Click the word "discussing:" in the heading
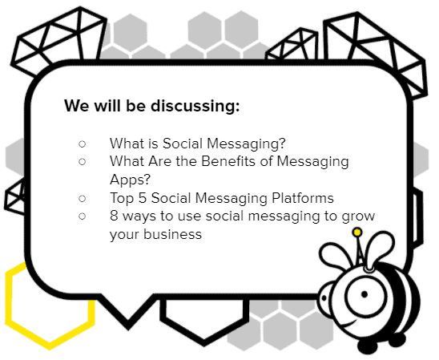[195, 107]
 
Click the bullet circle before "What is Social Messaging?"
[82, 144]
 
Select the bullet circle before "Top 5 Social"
[82, 198]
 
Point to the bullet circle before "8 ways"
[82, 216]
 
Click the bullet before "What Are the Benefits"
[82, 162]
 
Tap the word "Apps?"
[131, 180]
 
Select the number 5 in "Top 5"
[143, 198]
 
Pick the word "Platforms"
[303, 198]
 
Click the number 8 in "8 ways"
[114, 216]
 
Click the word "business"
[172, 234]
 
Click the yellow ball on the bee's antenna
[357, 233]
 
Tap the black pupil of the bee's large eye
[364, 294]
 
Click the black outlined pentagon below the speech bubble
[204, 342]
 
